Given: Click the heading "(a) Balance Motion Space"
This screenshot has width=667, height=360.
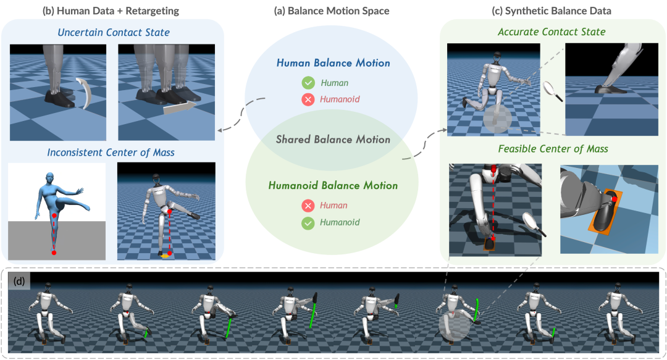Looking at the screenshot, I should [333, 10].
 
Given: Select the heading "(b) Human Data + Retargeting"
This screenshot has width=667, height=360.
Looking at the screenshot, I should [111, 10].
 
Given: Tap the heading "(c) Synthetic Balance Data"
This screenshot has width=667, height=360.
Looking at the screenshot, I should [553, 10].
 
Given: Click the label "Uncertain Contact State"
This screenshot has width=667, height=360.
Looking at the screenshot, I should [113, 32].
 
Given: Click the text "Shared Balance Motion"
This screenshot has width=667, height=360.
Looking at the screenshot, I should [333, 140].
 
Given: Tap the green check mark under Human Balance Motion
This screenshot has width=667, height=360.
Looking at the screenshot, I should [307, 83].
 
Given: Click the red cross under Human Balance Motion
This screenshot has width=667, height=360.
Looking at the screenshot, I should [307, 99].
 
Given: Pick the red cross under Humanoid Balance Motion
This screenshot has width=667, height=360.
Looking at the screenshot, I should [307, 206].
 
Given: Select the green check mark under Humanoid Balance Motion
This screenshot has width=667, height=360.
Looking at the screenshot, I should [307, 222].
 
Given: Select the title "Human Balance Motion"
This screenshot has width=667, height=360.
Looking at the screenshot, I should [333, 63].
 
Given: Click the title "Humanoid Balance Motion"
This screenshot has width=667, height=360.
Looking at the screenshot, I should [333, 185].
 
